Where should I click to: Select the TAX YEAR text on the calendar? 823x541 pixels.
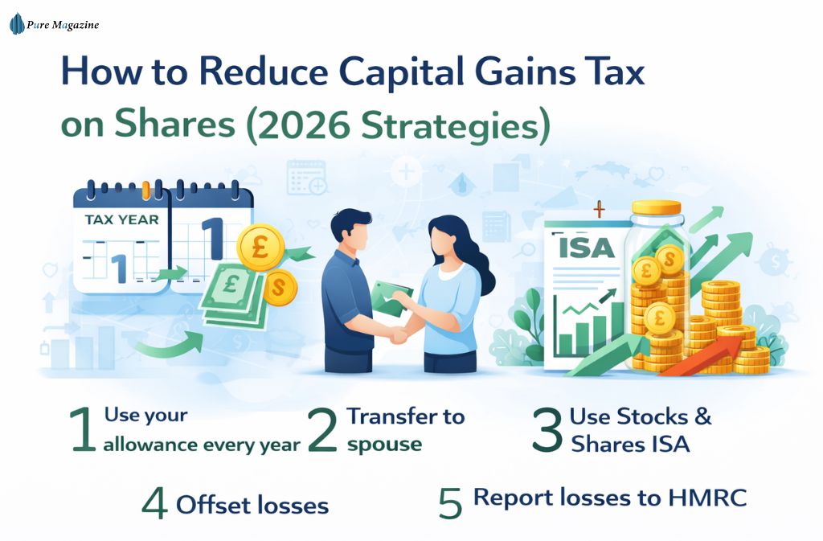tap(122, 219)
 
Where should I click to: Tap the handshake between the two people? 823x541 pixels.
tap(399, 335)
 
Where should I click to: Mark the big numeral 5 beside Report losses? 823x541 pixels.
tap(451, 502)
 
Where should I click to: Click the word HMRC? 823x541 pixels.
tap(707, 498)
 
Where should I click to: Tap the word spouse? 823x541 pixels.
tap(384, 444)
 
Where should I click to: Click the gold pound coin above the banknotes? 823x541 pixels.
tap(260, 246)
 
